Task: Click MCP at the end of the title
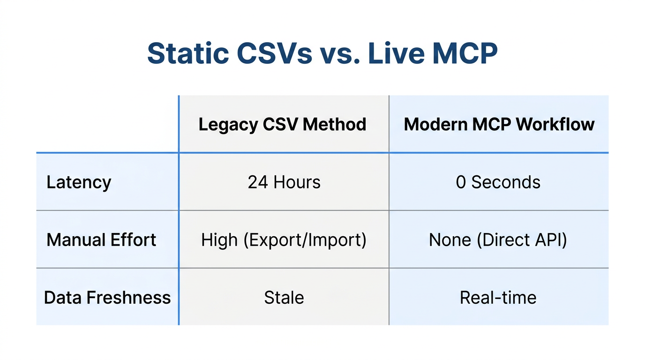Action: pos(464,53)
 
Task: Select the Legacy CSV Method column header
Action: pos(283,124)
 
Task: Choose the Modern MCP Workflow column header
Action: pos(499,124)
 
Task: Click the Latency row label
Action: pos(79,182)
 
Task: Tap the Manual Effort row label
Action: pos(101,240)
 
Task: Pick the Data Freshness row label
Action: pos(107,298)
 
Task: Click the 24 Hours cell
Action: pos(284,182)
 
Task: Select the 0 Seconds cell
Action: pos(498,182)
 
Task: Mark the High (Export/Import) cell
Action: pos(284,240)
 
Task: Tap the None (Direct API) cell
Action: pos(498,240)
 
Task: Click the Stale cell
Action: pos(284,298)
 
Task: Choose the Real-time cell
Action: pos(498,298)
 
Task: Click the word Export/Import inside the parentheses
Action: pos(304,240)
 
